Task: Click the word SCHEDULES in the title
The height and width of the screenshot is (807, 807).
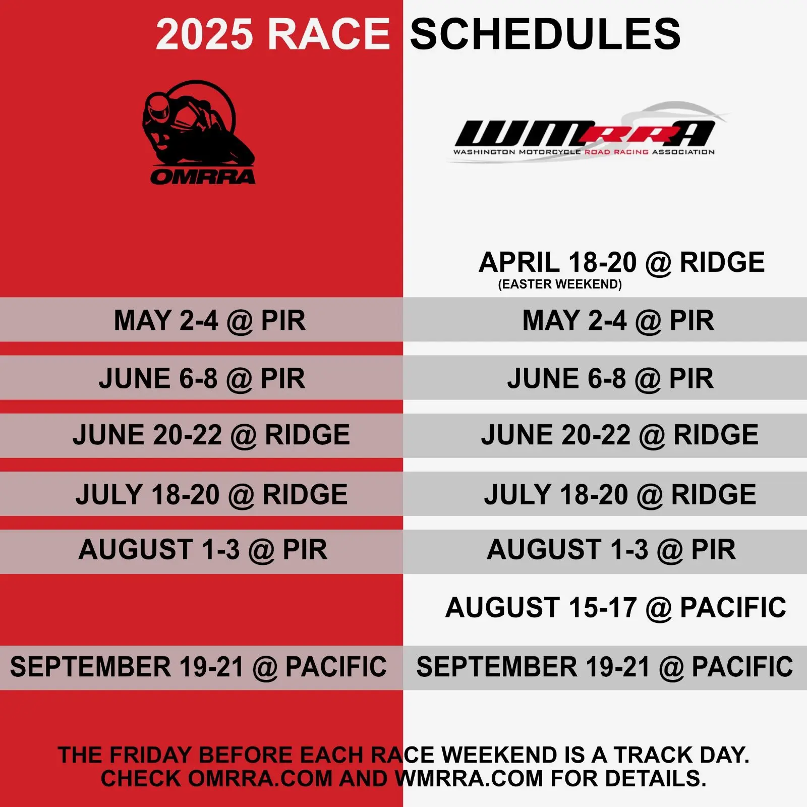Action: (545, 34)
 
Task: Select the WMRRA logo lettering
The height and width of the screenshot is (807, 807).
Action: (585, 133)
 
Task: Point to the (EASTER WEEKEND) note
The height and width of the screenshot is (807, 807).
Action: (560, 284)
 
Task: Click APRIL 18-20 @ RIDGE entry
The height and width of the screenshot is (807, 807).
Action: (622, 262)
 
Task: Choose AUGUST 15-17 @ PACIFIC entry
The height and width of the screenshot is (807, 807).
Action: (616, 607)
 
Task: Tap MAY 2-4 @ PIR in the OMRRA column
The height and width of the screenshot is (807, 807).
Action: (210, 320)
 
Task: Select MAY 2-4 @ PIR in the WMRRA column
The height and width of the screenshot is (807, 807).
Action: (618, 320)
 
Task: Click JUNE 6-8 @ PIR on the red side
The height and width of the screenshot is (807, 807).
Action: (202, 378)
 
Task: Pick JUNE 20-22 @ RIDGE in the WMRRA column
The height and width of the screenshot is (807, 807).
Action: (620, 435)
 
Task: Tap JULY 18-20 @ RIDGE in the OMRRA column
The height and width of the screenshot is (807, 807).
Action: (212, 494)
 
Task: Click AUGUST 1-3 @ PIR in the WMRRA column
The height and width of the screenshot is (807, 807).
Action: (611, 549)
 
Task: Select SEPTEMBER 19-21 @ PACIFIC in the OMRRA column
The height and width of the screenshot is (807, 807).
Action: (198, 667)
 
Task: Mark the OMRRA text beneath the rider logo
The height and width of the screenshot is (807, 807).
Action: (203, 177)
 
